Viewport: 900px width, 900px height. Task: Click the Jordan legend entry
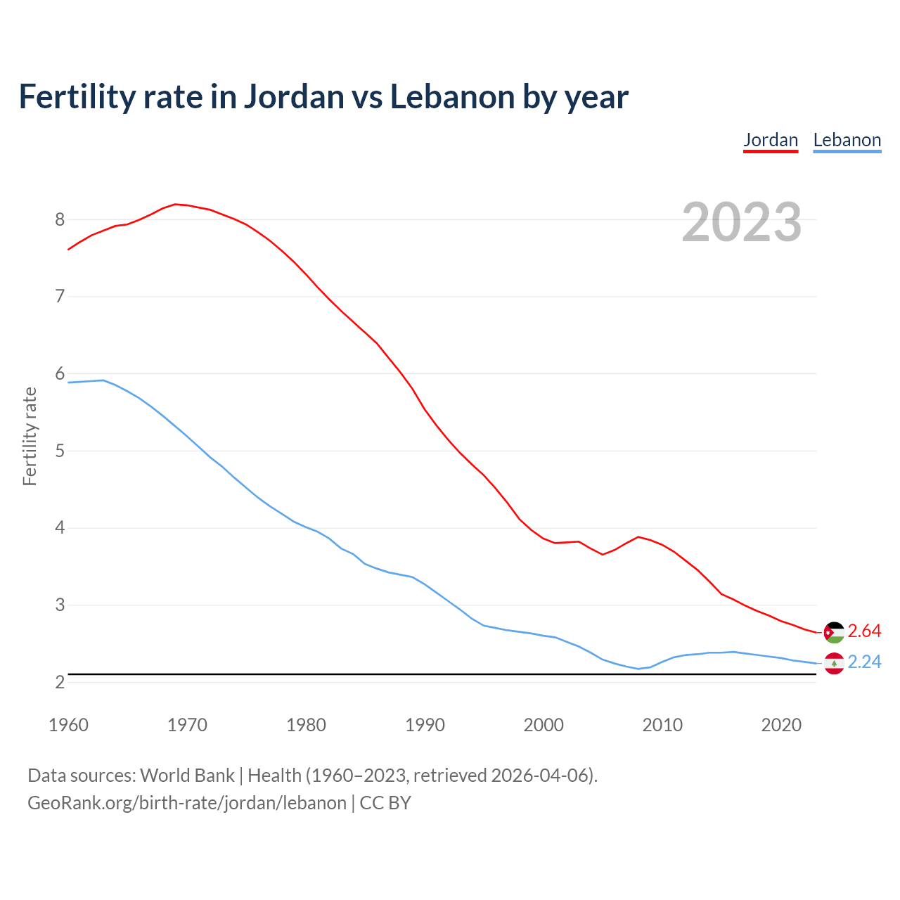pyautogui.click(x=771, y=140)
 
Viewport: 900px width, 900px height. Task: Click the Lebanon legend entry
pyautogui.click(x=847, y=140)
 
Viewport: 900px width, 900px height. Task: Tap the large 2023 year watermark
pyautogui.click(x=741, y=222)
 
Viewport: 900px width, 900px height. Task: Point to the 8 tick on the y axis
pyautogui.click(x=60, y=219)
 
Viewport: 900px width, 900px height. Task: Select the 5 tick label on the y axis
pyautogui.click(x=60, y=451)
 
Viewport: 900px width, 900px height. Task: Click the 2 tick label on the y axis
pyautogui.click(x=60, y=682)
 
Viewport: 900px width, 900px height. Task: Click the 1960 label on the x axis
pyautogui.click(x=68, y=725)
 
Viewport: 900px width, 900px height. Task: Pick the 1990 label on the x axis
pyautogui.click(x=425, y=725)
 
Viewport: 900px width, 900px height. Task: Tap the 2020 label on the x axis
pyautogui.click(x=781, y=725)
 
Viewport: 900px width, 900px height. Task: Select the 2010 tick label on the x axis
pyautogui.click(x=662, y=725)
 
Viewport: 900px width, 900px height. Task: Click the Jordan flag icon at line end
pyautogui.click(x=834, y=632)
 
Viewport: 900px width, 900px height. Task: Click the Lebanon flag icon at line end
pyautogui.click(x=834, y=663)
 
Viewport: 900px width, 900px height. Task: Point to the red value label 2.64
pyautogui.click(x=864, y=631)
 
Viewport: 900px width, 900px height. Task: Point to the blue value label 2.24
pyautogui.click(x=864, y=662)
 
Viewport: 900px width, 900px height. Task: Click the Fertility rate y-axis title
pyautogui.click(x=30, y=436)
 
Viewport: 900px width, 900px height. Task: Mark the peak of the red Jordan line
pyautogui.click(x=175, y=204)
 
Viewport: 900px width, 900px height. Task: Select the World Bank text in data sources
pyautogui.click(x=187, y=775)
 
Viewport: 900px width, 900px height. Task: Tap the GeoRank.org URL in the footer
pyautogui.click(x=186, y=803)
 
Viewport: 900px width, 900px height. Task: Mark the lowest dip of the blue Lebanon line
pyautogui.click(x=638, y=669)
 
